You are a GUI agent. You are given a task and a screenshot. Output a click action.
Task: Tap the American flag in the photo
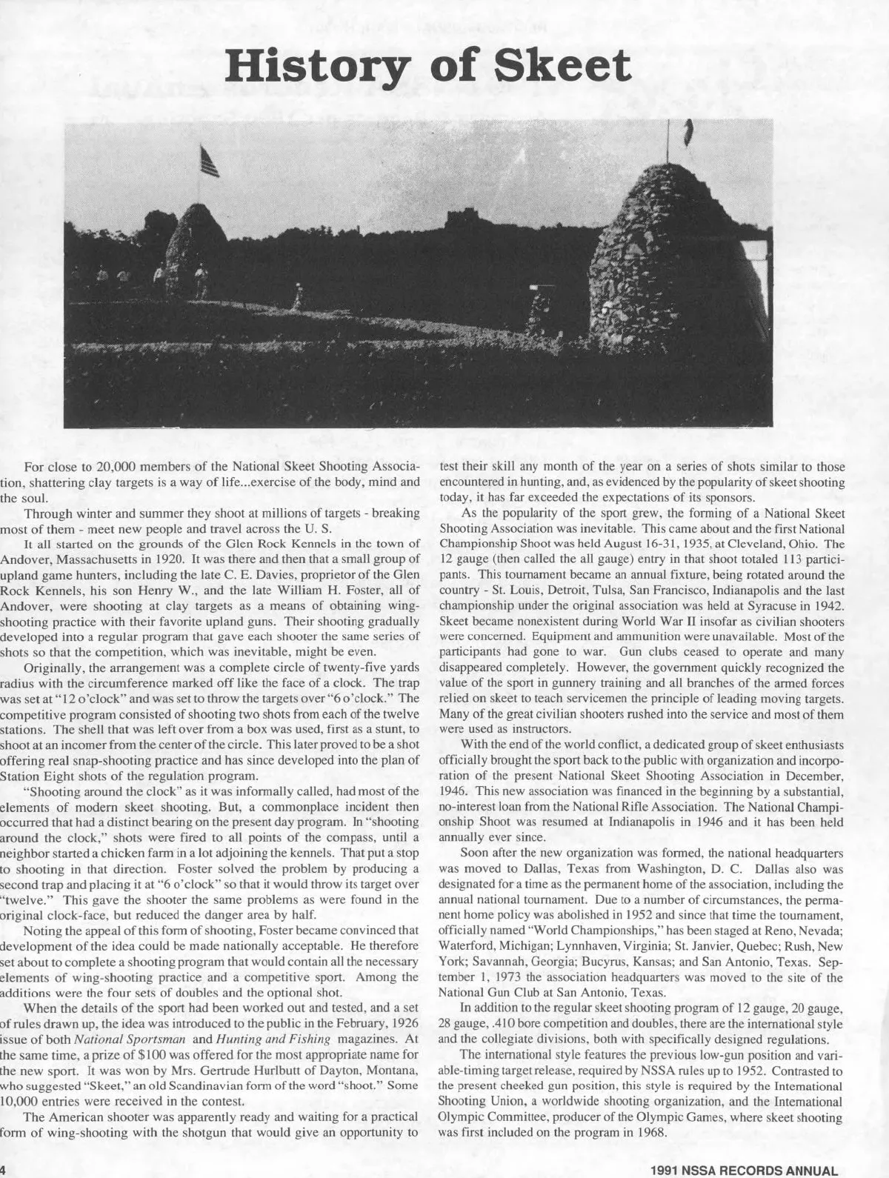[x=210, y=162]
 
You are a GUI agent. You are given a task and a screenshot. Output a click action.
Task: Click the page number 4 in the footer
[x=3, y=1170]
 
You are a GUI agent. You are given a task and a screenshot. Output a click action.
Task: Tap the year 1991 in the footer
[x=666, y=1171]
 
